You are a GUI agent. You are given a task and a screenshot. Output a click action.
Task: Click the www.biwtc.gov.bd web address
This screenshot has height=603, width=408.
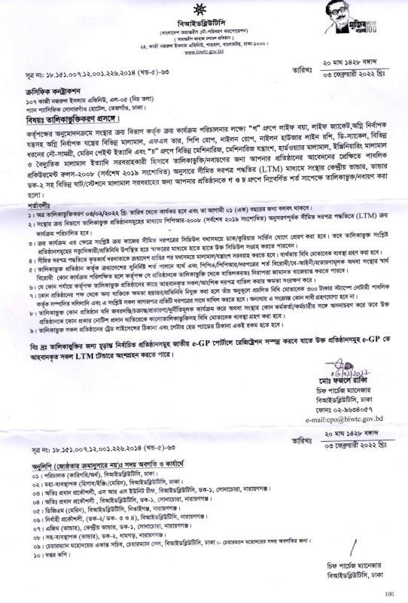[x=204, y=53]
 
